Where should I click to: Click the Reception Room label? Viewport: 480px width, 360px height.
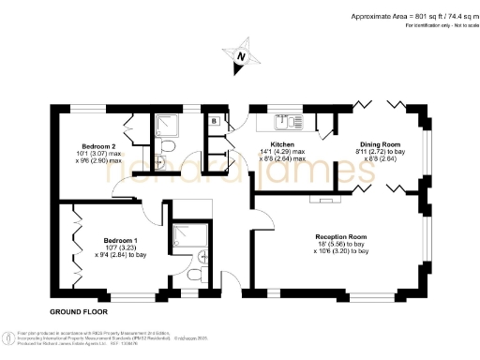click(341, 236)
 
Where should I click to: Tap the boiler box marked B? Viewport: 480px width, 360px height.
click(215, 121)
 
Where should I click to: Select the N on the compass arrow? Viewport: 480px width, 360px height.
click(240, 58)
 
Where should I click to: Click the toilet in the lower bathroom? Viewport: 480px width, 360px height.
click(192, 275)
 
